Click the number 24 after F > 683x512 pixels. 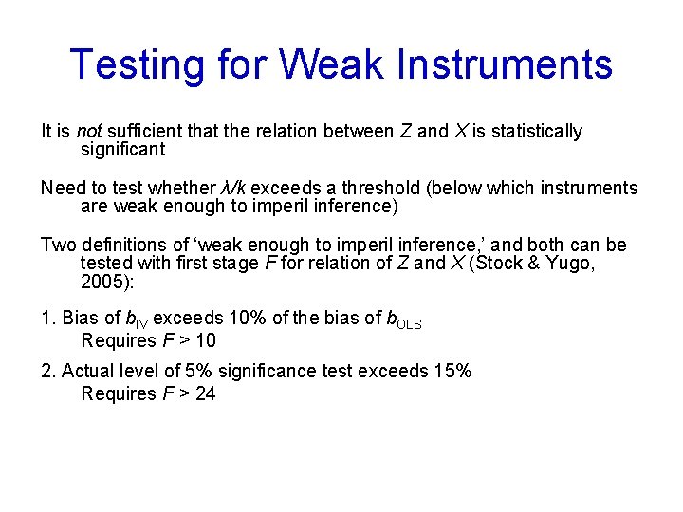(205, 393)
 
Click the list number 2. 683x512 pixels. (46, 372)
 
